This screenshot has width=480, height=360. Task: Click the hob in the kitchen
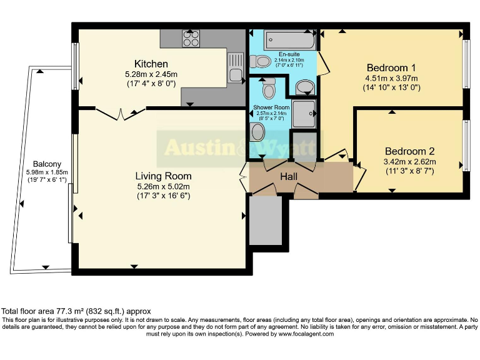191,38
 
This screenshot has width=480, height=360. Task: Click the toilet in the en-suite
259,61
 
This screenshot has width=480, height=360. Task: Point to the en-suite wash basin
304,86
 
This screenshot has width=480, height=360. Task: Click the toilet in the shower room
269,89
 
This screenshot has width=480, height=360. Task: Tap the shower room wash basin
257,131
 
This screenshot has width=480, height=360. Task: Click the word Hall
289,177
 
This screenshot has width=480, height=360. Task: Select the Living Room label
164,176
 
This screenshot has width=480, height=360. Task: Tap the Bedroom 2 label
409,151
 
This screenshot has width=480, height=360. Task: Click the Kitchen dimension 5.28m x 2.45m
151,74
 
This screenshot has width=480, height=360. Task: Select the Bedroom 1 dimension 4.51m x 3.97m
391,78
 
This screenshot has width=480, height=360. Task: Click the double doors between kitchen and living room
121,113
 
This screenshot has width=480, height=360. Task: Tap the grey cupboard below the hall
266,221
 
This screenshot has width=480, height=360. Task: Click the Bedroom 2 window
466,145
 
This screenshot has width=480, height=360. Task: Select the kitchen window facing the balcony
76,66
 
